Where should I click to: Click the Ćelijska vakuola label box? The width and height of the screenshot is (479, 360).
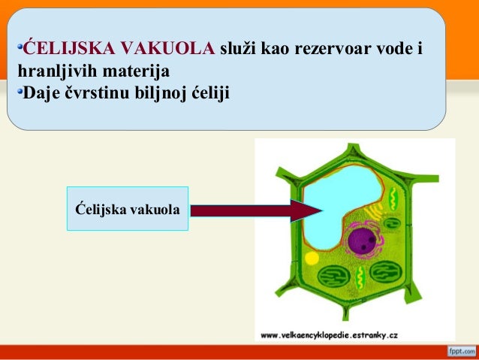coord(127,208)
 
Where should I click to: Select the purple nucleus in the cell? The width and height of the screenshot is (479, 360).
coord(363,241)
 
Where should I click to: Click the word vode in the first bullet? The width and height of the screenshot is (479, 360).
coord(393,50)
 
